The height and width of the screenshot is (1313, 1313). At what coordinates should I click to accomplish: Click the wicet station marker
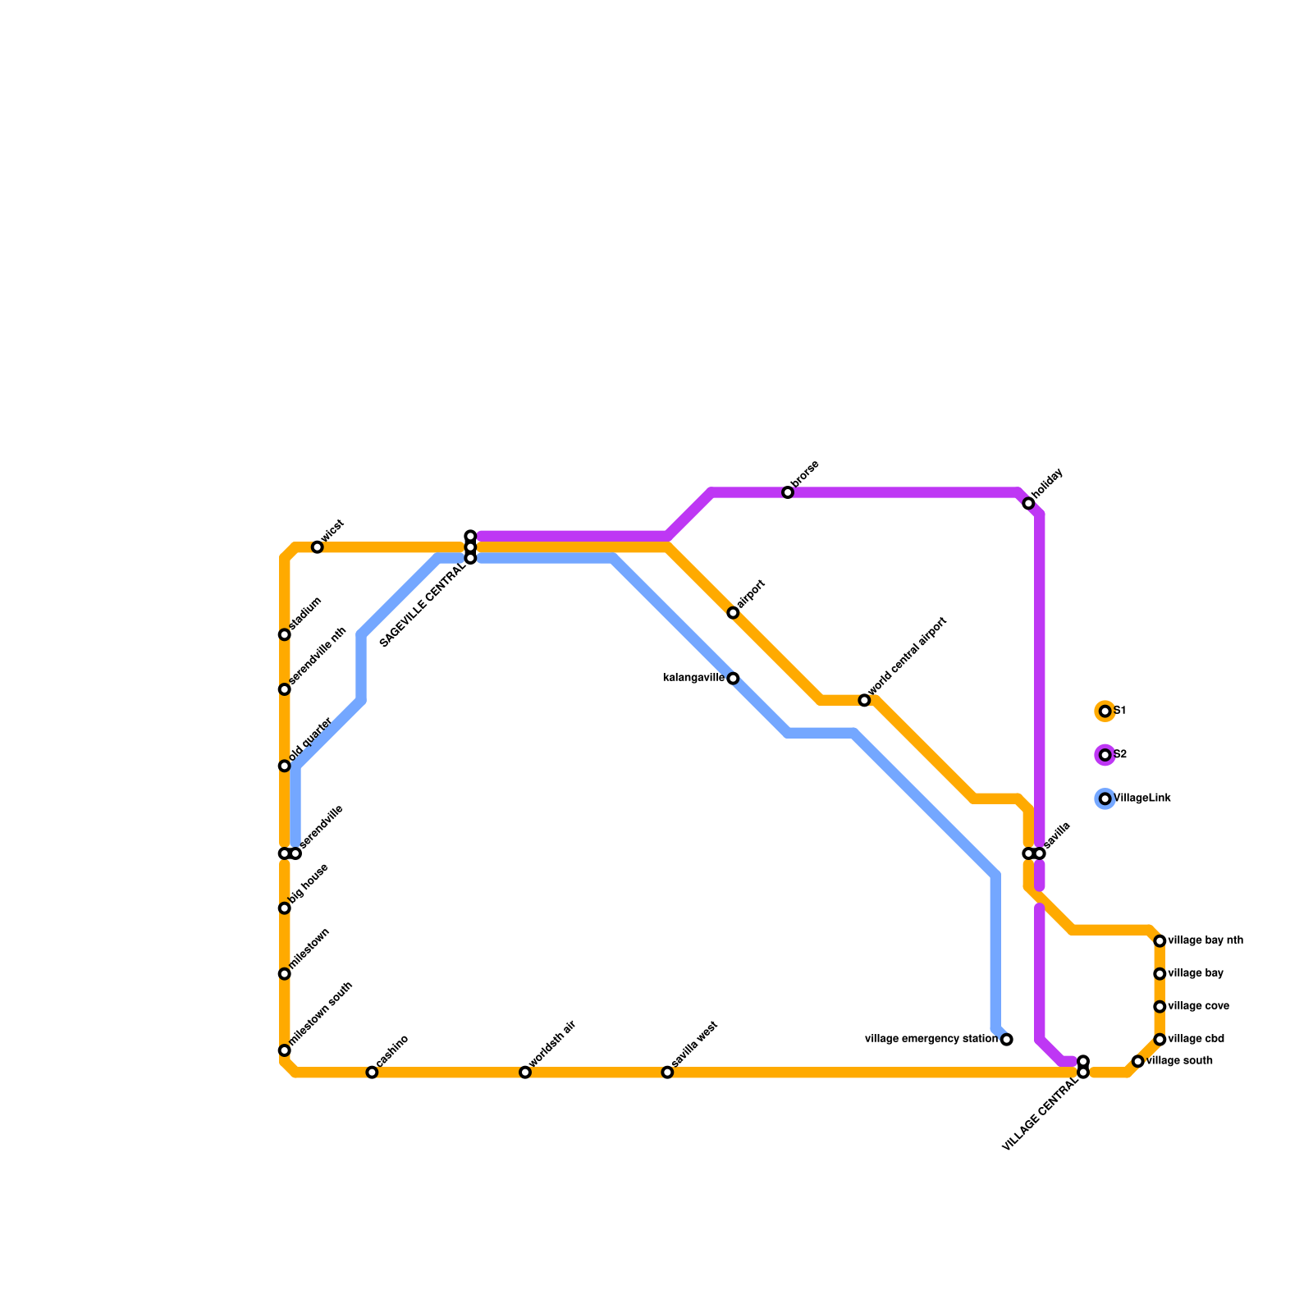[x=318, y=547]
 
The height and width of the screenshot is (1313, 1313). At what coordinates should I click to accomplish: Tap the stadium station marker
[x=285, y=634]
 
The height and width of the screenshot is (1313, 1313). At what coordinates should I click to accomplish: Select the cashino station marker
[x=372, y=1073]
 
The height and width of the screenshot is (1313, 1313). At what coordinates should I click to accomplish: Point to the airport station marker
[x=733, y=613]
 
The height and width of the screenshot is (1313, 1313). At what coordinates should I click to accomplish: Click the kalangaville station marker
[x=733, y=679]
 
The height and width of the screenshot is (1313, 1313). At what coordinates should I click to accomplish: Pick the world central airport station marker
[x=864, y=700]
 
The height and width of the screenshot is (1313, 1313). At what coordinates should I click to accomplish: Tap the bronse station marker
[x=788, y=492]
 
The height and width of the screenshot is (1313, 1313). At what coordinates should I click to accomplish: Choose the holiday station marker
[x=1028, y=503]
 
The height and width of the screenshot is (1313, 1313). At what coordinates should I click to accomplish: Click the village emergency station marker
[x=1007, y=1040]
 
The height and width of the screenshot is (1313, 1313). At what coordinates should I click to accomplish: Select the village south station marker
[x=1138, y=1061]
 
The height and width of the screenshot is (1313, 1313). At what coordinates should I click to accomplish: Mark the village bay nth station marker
[x=1160, y=941]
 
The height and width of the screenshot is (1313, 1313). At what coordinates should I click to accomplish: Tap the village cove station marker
[x=1160, y=1007]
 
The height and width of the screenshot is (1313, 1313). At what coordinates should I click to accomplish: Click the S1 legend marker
[x=1105, y=711]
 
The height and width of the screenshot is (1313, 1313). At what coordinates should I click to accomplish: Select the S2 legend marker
[x=1105, y=755]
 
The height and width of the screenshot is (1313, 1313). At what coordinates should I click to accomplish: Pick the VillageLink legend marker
[x=1105, y=798]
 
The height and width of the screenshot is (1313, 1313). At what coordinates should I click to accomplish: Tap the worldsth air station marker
[x=525, y=1073]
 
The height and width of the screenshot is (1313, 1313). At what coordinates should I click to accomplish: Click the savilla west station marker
[x=667, y=1073]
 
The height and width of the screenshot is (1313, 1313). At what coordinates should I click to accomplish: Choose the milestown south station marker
[x=285, y=1050]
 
